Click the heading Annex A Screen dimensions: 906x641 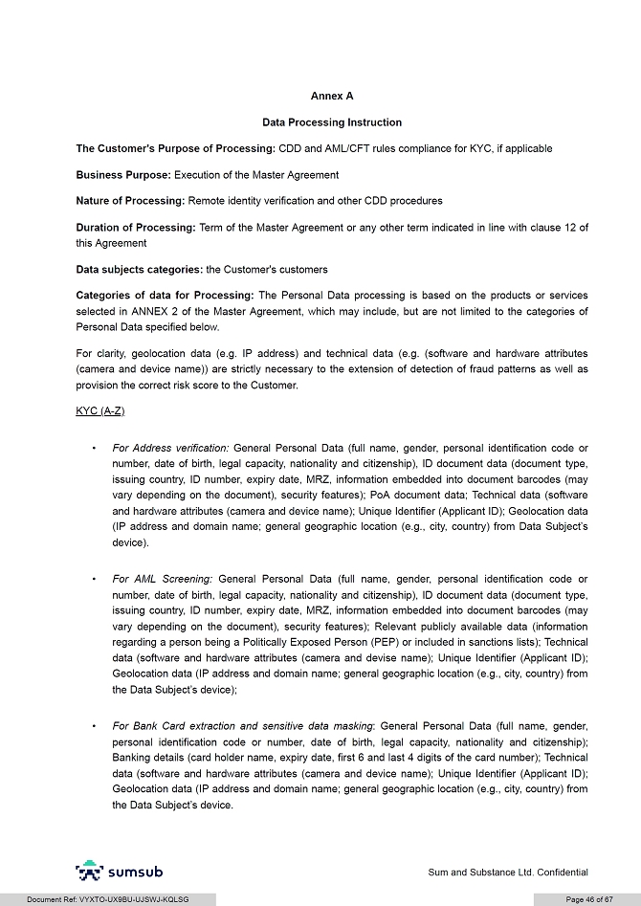point(332,97)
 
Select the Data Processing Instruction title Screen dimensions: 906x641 point(332,122)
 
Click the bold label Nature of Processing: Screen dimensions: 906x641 point(130,201)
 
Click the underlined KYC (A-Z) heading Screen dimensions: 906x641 point(100,410)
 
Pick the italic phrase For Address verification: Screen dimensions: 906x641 point(170,448)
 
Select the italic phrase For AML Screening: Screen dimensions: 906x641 point(162,579)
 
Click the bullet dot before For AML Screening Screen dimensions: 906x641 point(93,579)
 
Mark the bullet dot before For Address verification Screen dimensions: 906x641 point(93,448)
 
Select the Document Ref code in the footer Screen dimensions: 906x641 point(107,899)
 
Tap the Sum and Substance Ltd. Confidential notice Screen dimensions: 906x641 point(507,873)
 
